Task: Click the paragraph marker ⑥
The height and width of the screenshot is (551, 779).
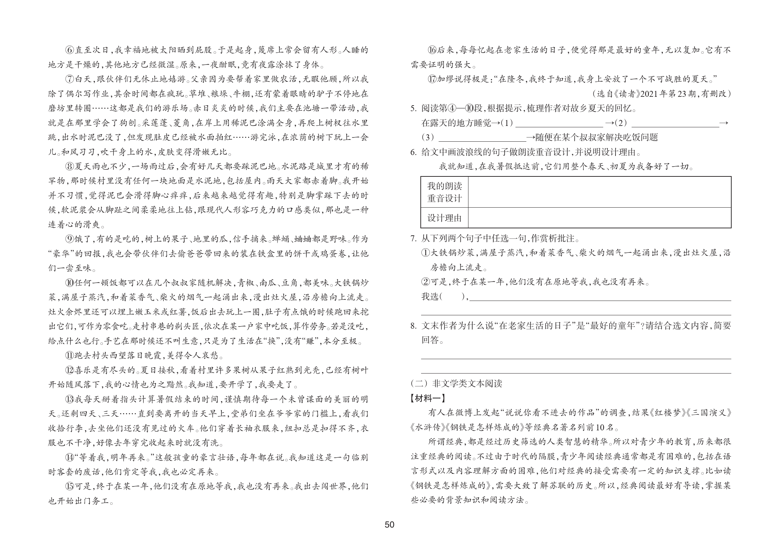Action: click(x=69, y=50)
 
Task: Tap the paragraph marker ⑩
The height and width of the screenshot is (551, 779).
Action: click(x=69, y=283)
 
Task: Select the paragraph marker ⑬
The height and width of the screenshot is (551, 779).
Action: click(x=69, y=399)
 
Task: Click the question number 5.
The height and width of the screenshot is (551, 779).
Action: click(x=413, y=109)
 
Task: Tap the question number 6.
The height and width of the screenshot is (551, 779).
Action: click(x=413, y=153)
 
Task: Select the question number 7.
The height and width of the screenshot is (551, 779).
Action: click(x=413, y=239)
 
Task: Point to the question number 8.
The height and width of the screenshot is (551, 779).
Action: click(x=413, y=326)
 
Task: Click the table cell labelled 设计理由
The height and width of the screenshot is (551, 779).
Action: click(x=444, y=218)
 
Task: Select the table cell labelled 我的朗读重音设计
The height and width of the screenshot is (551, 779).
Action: click(x=444, y=192)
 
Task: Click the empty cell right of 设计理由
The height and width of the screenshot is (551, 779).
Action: click(x=599, y=218)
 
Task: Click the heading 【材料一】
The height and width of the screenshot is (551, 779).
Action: click(x=428, y=398)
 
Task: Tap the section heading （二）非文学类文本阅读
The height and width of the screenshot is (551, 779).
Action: click(x=456, y=383)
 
